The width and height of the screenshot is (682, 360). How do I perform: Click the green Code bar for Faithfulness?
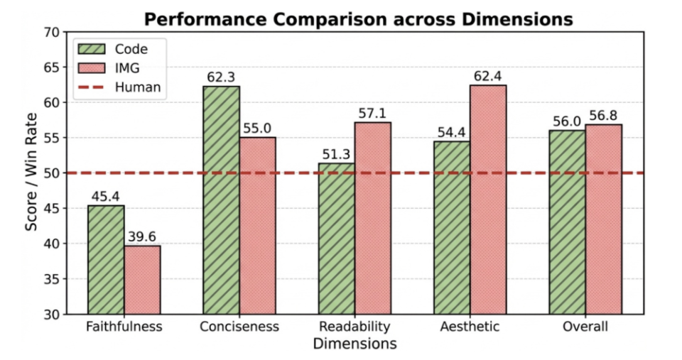click(x=106, y=259)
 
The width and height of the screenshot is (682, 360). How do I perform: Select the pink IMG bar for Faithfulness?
click(x=142, y=279)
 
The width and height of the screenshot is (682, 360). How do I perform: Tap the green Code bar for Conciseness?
click(x=221, y=200)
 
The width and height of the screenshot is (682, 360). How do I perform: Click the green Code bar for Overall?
click(x=567, y=222)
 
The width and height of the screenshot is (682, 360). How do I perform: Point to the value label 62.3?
click(x=221, y=76)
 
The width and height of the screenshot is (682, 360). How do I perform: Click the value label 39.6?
click(x=142, y=236)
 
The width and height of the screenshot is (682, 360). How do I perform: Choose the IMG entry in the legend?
click(x=128, y=67)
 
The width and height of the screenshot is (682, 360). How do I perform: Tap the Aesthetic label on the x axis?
click(x=469, y=327)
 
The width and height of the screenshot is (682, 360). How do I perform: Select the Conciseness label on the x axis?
click(x=239, y=327)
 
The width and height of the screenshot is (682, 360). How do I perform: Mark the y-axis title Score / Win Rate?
click(x=32, y=173)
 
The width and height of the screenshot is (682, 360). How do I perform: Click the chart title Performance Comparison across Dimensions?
click(x=358, y=19)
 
